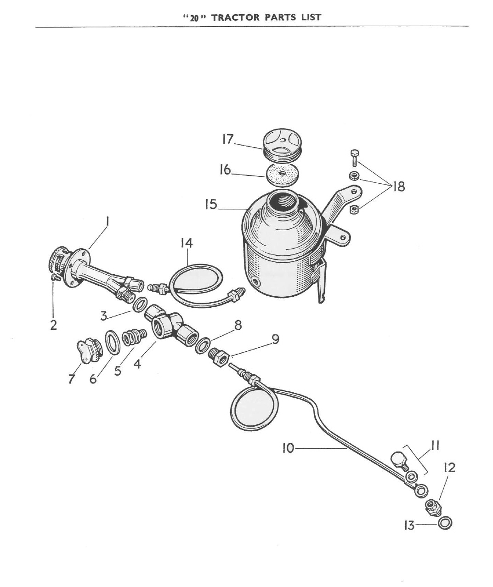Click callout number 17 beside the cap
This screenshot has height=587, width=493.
tap(228, 139)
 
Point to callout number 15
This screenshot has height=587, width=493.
tap(211, 204)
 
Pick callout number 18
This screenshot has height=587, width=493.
tap(398, 187)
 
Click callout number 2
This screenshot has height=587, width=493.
tap(54, 325)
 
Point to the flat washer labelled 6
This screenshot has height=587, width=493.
tap(113, 342)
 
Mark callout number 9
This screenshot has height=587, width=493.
tap(275, 339)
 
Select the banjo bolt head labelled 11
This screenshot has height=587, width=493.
tap(398, 459)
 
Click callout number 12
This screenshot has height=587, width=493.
tap(449, 468)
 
